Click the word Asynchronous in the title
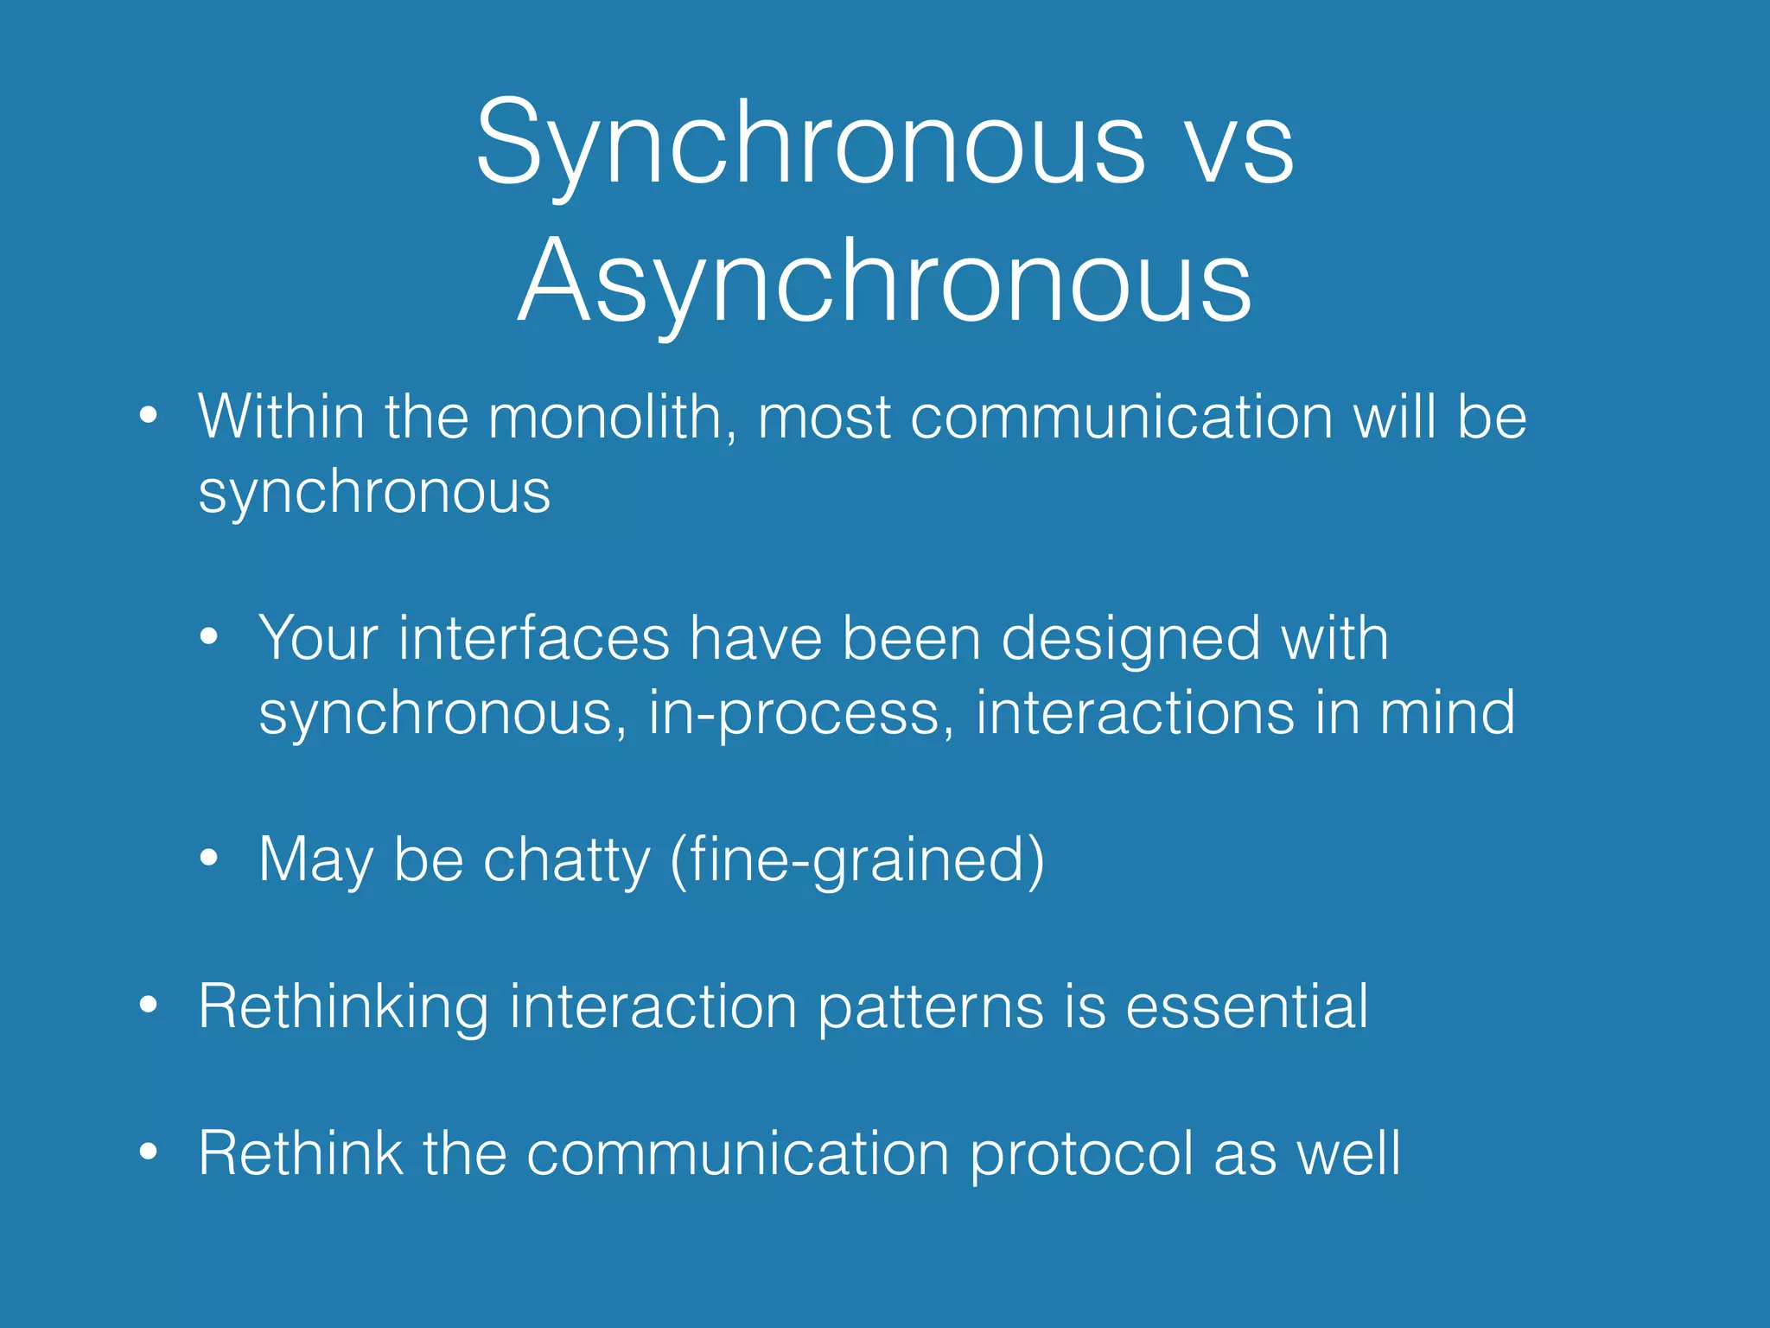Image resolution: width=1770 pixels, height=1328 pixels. click(884, 281)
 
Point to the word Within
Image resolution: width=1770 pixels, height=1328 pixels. click(282, 418)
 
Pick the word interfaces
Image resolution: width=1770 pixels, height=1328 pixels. click(533, 639)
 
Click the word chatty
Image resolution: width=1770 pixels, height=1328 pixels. click(566, 861)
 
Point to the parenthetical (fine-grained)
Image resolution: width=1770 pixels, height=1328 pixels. click(857, 861)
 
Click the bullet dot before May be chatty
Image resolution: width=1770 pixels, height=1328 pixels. click(208, 859)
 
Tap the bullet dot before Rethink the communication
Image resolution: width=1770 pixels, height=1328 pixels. click(149, 1152)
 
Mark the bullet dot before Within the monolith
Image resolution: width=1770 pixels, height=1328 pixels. click(149, 416)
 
